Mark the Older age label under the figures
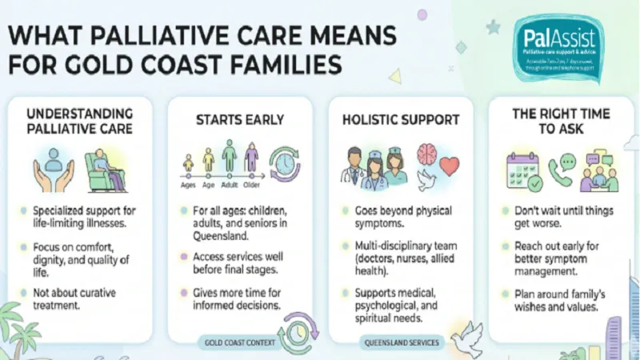click(x=252, y=183)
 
